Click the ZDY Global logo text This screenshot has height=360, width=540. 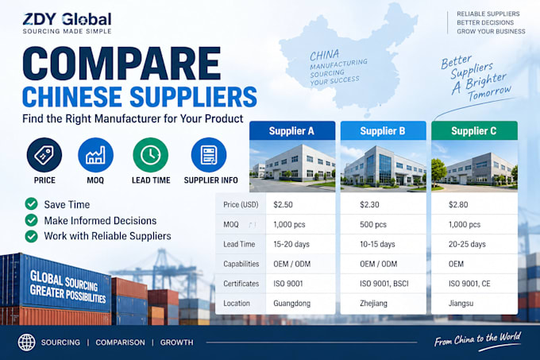67,19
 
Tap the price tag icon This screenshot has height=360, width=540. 44,155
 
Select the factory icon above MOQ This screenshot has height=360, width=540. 95,155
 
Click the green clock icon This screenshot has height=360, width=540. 151,155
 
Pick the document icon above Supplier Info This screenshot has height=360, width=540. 209,155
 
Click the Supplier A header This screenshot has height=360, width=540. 292,130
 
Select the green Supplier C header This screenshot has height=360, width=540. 474,130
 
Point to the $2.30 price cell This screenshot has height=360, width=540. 369,204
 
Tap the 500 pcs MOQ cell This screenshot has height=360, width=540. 373,225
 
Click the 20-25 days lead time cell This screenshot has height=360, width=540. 467,244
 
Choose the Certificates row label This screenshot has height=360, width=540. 241,284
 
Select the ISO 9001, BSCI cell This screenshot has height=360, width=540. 384,284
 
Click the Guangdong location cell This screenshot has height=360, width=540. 292,304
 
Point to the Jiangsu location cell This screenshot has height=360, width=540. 461,304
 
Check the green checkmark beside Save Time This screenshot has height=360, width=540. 31,204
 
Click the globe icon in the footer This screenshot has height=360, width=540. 26,343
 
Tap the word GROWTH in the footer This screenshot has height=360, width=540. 176,343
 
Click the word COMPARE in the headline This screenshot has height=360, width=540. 122,64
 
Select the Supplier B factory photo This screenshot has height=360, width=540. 384,166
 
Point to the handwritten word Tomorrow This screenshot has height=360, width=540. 489,92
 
